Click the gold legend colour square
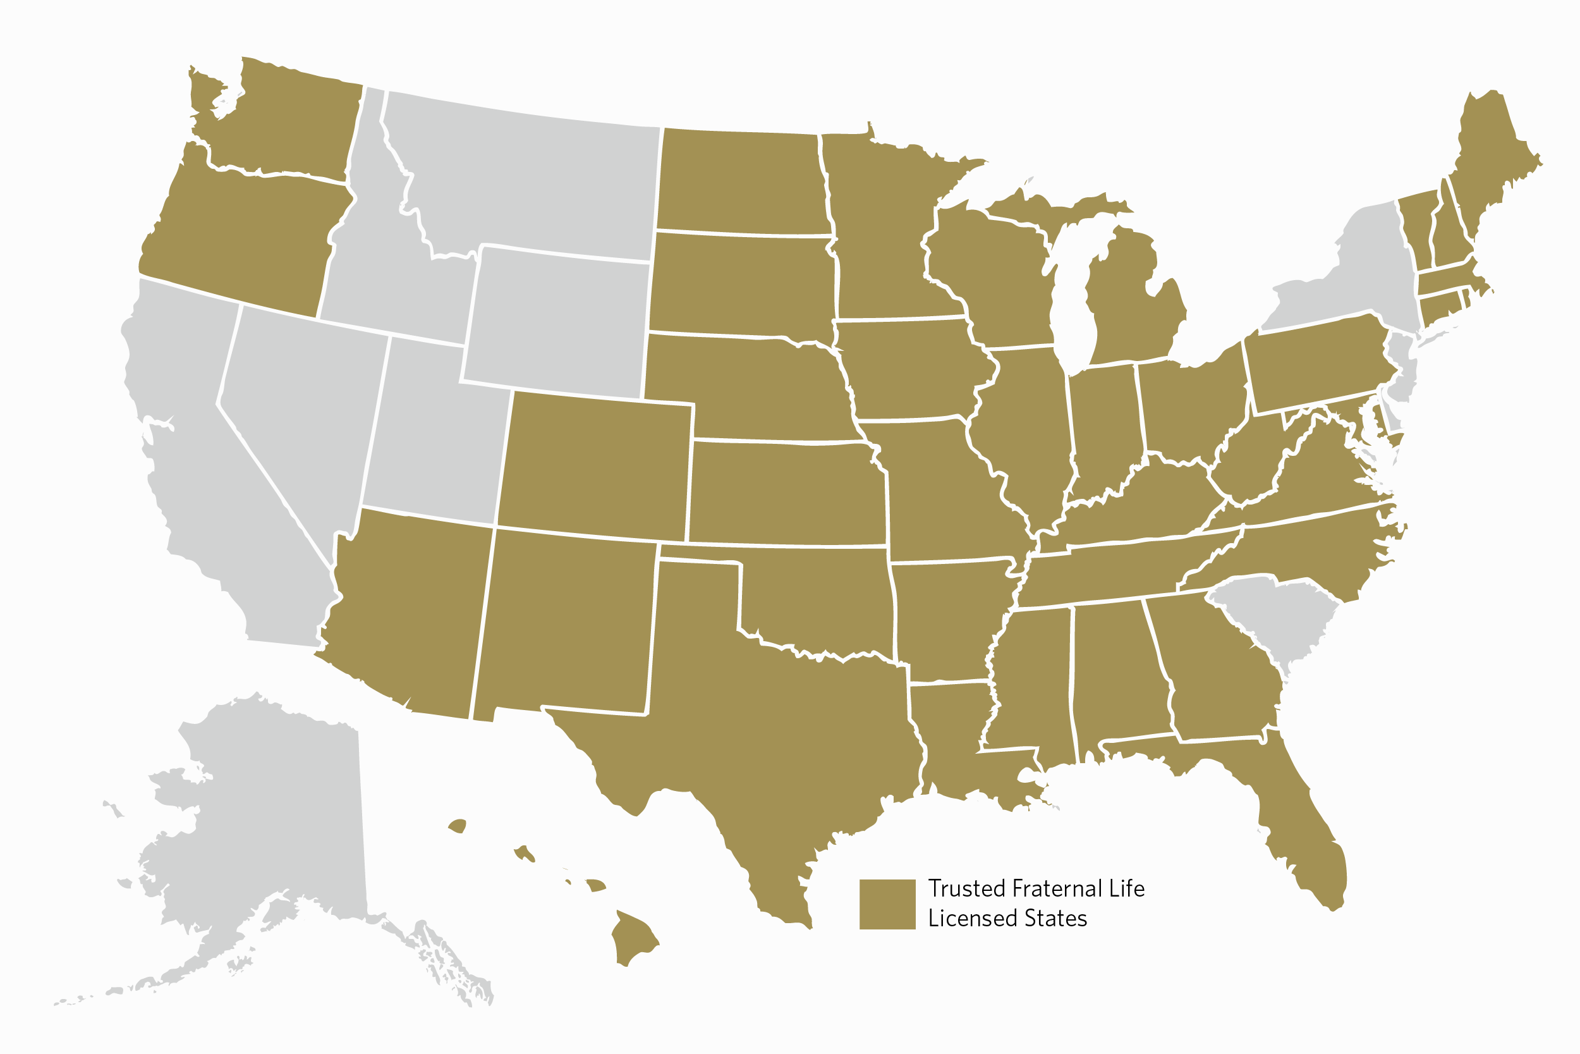click(x=887, y=904)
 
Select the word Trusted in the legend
click(x=966, y=888)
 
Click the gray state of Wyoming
click(x=557, y=322)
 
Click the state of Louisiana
click(x=947, y=739)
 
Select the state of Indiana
click(x=1105, y=430)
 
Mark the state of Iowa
click(x=907, y=370)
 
